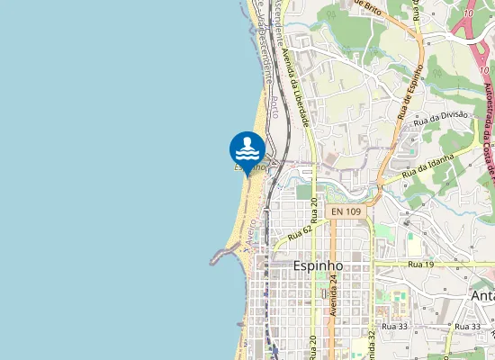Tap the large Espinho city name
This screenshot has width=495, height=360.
(x=319, y=266)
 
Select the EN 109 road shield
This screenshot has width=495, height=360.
(x=346, y=211)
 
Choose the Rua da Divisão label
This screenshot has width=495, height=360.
(x=441, y=116)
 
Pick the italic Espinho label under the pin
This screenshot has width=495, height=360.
(x=250, y=167)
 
